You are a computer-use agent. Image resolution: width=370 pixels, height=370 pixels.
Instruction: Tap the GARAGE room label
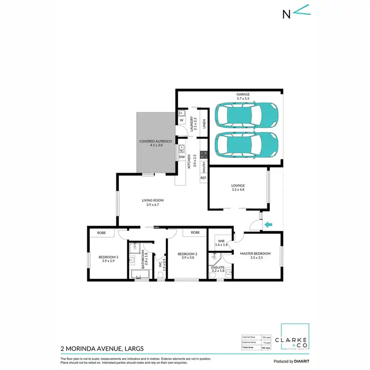pyautogui.click(x=243, y=97)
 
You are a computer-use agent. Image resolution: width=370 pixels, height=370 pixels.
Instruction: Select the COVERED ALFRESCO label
pyautogui.click(x=155, y=144)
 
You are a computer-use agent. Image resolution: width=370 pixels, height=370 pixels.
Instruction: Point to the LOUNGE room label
pyautogui.click(x=238, y=187)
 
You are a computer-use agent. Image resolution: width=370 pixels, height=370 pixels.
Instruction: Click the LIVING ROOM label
pyautogui.click(x=152, y=202)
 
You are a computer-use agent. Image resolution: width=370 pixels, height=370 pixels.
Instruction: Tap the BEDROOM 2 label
pyautogui.click(x=189, y=256)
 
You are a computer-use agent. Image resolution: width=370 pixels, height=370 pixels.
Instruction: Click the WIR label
pyautogui.click(x=220, y=243)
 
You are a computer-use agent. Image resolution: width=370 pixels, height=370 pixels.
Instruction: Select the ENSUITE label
pyautogui.click(x=218, y=268)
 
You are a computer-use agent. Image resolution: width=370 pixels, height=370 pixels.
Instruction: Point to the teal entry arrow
pyautogui.click(x=269, y=225)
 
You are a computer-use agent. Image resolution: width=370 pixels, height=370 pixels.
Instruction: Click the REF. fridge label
pyautogui.click(x=203, y=178)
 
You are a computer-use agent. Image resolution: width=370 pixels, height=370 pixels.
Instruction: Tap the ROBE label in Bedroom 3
pyautogui.click(x=102, y=232)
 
